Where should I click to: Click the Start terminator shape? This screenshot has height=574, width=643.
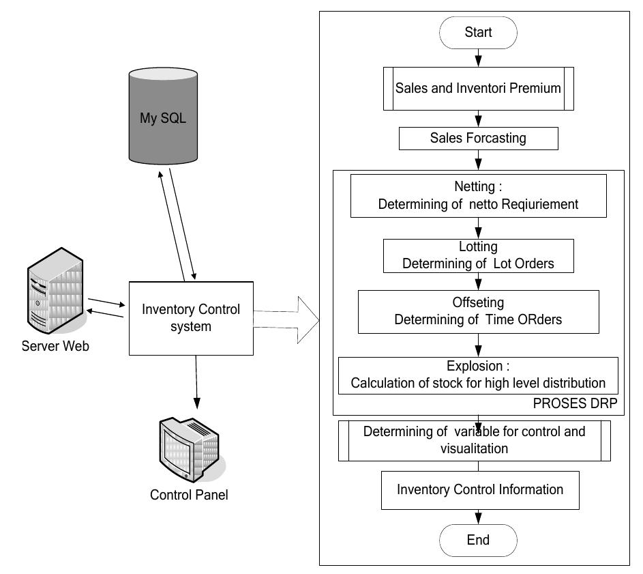click(x=478, y=32)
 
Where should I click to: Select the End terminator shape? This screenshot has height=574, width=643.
click(x=478, y=540)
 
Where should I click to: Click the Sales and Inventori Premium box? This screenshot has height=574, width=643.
click(x=478, y=87)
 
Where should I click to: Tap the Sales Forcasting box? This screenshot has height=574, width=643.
click(x=478, y=139)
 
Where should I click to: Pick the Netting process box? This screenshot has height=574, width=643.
click(x=478, y=195)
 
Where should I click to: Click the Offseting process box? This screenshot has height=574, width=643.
click(x=478, y=311)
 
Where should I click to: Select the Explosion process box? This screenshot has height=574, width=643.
click(x=478, y=375)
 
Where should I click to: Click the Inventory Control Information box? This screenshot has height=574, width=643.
click(x=480, y=489)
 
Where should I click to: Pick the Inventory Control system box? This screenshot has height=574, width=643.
click(x=191, y=317)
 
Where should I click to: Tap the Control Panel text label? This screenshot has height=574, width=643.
click(x=189, y=495)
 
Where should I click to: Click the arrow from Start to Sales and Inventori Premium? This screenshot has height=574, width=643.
click(x=478, y=56)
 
